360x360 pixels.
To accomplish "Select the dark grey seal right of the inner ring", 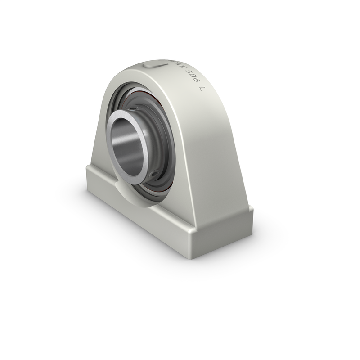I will [x=164, y=135].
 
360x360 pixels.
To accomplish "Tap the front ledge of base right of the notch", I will [x=171, y=211].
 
